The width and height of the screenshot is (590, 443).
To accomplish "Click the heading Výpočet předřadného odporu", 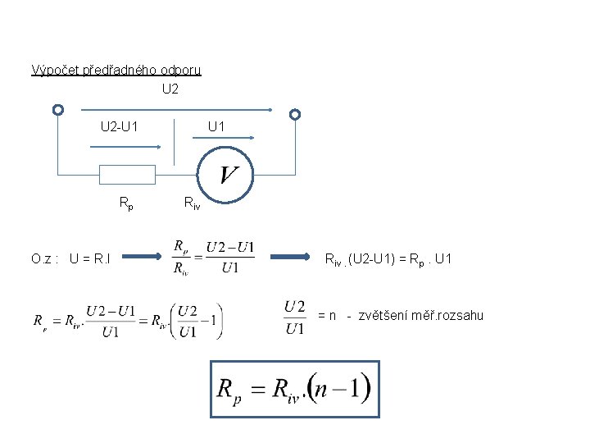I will click(x=116, y=70).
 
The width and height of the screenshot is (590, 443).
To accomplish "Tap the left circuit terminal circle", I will click(x=57, y=110).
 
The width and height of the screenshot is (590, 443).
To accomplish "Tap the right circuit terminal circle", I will click(x=295, y=115).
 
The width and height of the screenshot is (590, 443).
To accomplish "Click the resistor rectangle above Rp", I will click(x=127, y=174).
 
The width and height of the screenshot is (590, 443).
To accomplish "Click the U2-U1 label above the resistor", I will click(x=119, y=127).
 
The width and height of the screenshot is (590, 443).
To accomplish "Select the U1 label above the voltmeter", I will click(x=216, y=127).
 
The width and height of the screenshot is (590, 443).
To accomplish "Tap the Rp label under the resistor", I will click(x=126, y=202).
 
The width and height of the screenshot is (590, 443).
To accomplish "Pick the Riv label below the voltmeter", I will click(x=191, y=202).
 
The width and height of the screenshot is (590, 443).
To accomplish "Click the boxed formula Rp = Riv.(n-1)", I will click(x=295, y=389).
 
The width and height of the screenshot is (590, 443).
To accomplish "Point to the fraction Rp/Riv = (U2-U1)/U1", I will click(x=214, y=258).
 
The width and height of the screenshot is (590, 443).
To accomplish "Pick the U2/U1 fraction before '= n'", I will click(x=295, y=317).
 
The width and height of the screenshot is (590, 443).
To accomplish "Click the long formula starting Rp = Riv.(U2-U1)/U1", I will click(x=127, y=321).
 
